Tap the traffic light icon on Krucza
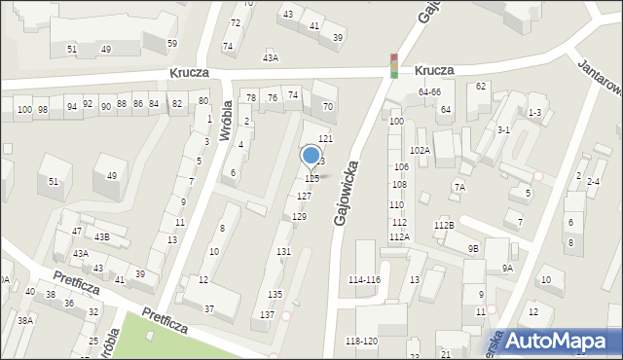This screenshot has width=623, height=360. click(x=393, y=65)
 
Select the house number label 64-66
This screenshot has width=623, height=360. click(x=430, y=92)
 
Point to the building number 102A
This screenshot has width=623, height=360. click(x=421, y=151)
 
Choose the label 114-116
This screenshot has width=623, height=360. click(x=364, y=280)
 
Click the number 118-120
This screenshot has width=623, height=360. click(x=361, y=342)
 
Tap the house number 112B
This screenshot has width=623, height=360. click(x=444, y=226)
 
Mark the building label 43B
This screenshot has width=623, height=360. click(x=102, y=237)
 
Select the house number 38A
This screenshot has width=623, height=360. click(x=25, y=320)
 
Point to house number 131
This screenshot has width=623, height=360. click(x=283, y=252)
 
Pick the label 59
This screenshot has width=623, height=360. click(x=172, y=44)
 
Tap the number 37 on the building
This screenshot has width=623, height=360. click(x=208, y=309)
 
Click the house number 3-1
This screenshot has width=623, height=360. click(x=503, y=129)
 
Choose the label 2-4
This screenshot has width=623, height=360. click(x=594, y=183)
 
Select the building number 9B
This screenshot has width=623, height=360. click(x=473, y=249)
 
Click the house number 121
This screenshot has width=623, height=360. click(x=326, y=140)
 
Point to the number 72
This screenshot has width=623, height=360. click(x=235, y=22)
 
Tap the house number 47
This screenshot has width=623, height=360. click(x=77, y=232)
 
